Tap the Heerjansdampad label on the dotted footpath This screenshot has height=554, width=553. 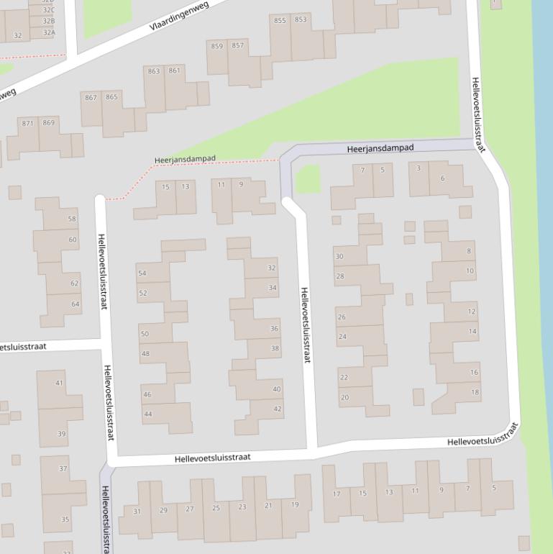(185, 159)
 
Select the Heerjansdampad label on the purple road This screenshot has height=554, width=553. (380, 148)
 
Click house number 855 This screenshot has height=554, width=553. (279, 21)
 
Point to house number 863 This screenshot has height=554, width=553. (153, 71)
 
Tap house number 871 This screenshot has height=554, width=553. (27, 123)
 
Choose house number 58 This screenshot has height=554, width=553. (72, 219)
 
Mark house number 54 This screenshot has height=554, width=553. (142, 273)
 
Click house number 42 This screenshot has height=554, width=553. (277, 409)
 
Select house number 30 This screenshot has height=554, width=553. (339, 257)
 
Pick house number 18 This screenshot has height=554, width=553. (475, 392)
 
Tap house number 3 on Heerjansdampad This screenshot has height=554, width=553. (419, 168)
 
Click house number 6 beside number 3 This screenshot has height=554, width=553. (442, 178)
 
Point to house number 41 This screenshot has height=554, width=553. (60, 383)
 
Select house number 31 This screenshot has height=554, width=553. (137, 512)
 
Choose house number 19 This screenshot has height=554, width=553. (294, 504)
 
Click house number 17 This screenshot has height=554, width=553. (336, 494)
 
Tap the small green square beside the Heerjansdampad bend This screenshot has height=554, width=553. (308, 178)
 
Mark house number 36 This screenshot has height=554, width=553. (274, 329)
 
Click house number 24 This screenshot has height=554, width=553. (342, 337)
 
